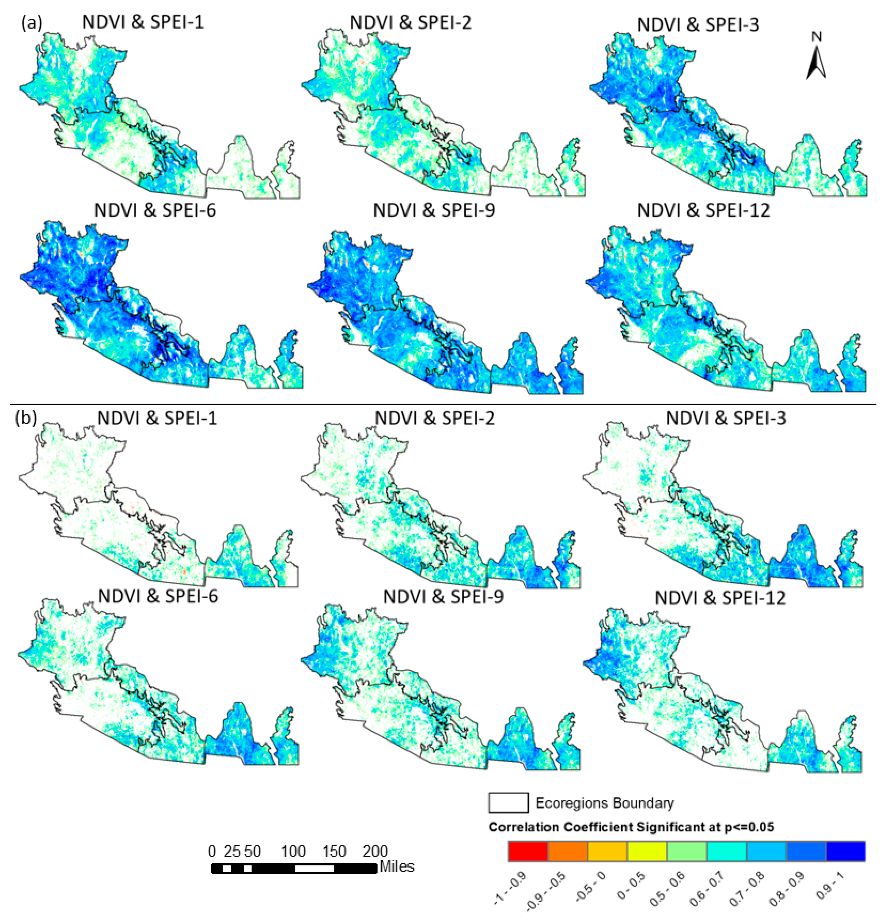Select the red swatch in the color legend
click(528, 851)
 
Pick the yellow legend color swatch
click(647, 851)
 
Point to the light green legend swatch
click(687, 851)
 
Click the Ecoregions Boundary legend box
click(508, 802)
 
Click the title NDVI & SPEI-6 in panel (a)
click(155, 210)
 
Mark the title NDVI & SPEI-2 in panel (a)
click(410, 22)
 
